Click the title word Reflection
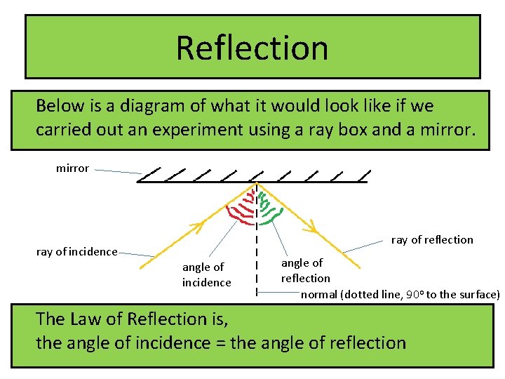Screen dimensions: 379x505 pyautogui.click(x=252, y=48)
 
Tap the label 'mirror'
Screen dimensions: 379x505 pyautogui.click(x=72, y=168)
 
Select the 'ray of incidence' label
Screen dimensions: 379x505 pyautogui.click(x=76, y=251)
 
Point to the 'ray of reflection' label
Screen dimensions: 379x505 pyautogui.click(x=432, y=240)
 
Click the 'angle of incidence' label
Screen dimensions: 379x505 pyautogui.click(x=206, y=274)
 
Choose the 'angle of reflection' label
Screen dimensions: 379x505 pyautogui.click(x=305, y=270)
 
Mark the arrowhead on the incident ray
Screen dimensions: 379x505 pyautogui.click(x=197, y=227)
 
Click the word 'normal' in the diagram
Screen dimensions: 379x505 pyautogui.click(x=319, y=294)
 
